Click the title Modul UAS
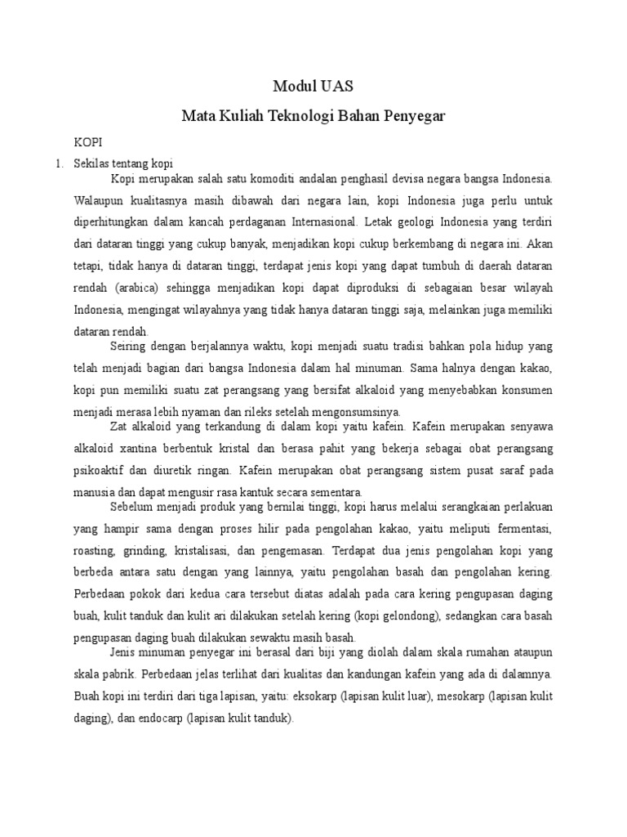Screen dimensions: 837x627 [x=313, y=87]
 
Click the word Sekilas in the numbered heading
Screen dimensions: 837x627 [x=91, y=163]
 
